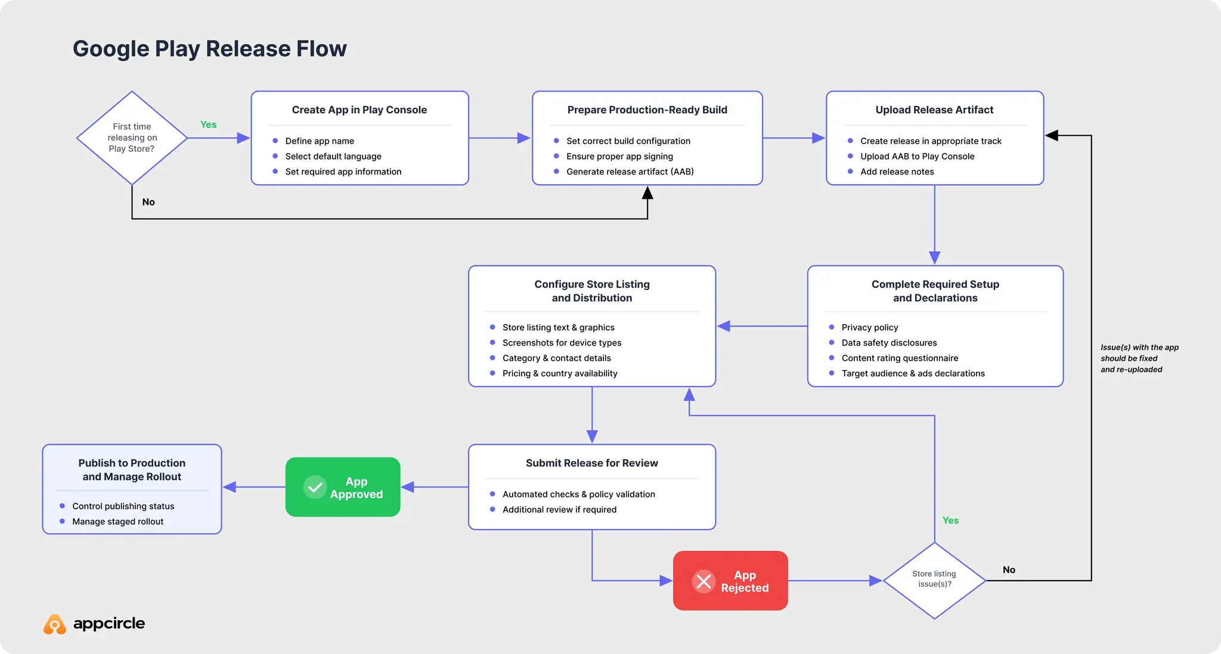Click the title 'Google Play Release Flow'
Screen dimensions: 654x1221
click(x=209, y=49)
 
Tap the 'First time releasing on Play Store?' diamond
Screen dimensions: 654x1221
click(x=132, y=138)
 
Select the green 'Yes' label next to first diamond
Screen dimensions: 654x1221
click(x=208, y=124)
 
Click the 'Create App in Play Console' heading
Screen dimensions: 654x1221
click(x=359, y=110)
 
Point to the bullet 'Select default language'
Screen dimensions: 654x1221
click(x=333, y=156)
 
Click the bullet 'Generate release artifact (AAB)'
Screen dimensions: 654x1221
click(x=630, y=172)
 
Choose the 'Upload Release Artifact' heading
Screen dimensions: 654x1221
click(x=934, y=110)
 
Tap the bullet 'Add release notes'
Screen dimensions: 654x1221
click(x=897, y=172)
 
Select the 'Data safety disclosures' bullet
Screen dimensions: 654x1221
click(x=889, y=342)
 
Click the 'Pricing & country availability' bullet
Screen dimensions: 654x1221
click(x=559, y=373)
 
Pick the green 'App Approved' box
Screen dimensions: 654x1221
click(x=343, y=487)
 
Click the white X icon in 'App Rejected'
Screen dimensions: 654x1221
click(x=704, y=581)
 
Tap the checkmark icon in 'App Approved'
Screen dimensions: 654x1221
click(x=315, y=487)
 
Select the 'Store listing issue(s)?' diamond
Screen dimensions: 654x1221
click(x=934, y=580)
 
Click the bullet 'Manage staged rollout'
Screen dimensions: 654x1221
click(x=117, y=521)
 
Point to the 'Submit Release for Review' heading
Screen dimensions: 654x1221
click(x=591, y=463)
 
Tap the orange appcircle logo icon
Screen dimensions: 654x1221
click(x=55, y=624)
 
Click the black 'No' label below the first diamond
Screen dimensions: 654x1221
click(x=148, y=202)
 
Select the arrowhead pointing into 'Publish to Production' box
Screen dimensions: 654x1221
click(x=230, y=487)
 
